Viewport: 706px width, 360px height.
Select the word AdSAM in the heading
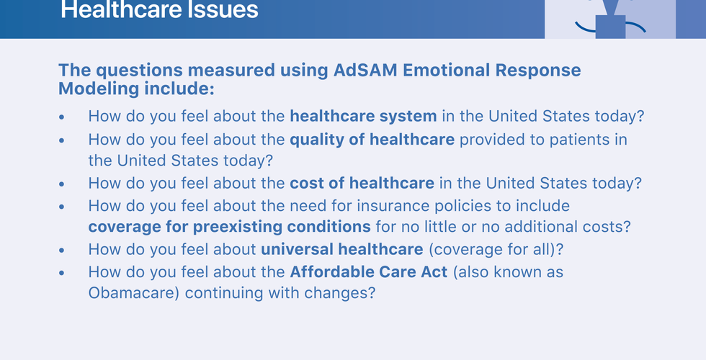[x=365, y=71]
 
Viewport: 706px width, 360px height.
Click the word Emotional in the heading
[x=446, y=71]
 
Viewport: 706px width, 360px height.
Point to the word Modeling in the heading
[x=99, y=89]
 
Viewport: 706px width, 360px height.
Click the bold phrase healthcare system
[x=363, y=116]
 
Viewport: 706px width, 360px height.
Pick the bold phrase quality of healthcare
[x=372, y=140]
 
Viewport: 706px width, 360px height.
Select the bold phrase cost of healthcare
[x=362, y=183]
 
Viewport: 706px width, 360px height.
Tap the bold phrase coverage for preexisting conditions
[x=230, y=227]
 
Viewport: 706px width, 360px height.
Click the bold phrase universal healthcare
[x=342, y=249]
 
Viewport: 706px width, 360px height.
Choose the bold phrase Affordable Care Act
[x=369, y=272]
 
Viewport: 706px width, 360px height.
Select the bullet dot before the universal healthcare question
[x=62, y=251]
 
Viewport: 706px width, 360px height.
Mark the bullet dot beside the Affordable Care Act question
[x=62, y=273]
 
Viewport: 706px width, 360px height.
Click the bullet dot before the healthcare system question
[x=62, y=117]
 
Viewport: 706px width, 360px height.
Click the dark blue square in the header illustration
[x=611, y=27]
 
